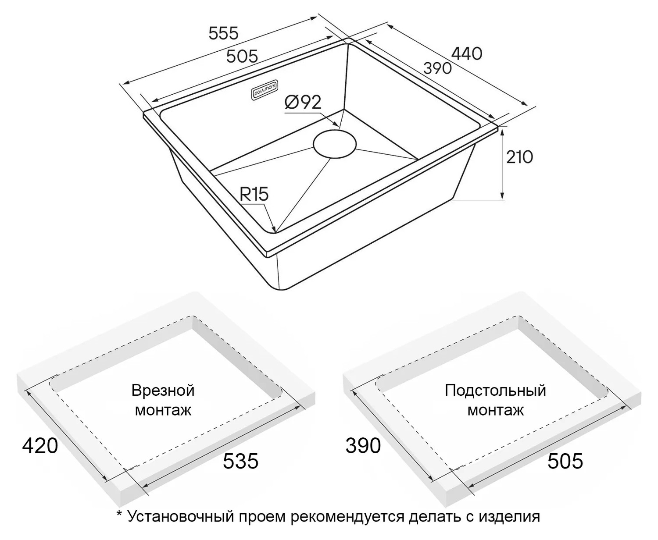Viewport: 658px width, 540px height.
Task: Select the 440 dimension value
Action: pyautogui.click(x=467, y=54)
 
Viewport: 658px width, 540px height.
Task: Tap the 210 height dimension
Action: pyautogui.click(x=519, y=157)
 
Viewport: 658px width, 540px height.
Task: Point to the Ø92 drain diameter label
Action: pyautogui.click(x=303, y=102)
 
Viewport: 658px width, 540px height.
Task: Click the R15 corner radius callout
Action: pyautogui.click(x=254, y=194)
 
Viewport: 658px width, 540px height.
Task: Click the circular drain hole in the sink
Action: pyautogui.click(x=334, y=144)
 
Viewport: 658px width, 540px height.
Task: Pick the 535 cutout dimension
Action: pyautogui.click(x=240, y=461)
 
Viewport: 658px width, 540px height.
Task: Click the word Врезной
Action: pyautogui.click(x=163, y=391)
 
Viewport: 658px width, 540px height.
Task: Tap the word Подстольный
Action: pyautogui.click(x=495, y=391)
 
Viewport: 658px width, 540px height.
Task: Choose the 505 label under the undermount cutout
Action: pyautogui.click(x=565, y=461)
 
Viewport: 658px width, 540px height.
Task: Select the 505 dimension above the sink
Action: pyautogui.click(x=242, y=57)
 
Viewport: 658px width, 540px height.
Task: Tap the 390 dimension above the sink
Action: pyautogui.click(x=437, y=68)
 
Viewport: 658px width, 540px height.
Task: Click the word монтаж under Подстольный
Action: pyautogui.click(x=495, y=410)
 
